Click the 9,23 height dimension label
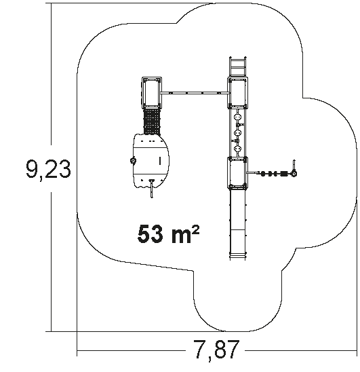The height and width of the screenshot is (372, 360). (x=48, y=169)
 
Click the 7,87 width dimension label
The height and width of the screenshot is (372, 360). (x=216, y=350)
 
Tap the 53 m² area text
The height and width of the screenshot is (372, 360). (x=168, y=234)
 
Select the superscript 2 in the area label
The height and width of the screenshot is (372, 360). (x=196, y=229)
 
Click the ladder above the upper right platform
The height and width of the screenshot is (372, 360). (x=238, y=67)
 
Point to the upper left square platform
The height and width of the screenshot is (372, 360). (x=152, y=93)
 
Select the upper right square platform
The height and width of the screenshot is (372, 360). (x=238, y=93)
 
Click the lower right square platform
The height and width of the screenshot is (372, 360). (x=237, y=172)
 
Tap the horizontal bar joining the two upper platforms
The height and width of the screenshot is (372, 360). (x=195, y=93)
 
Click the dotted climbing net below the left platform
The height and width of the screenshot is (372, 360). (x=152, y=122)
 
